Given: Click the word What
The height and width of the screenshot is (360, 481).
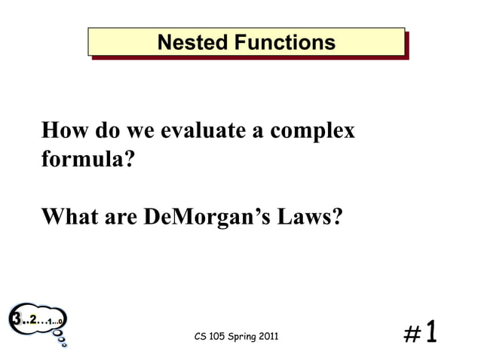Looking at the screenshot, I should click(68, 218).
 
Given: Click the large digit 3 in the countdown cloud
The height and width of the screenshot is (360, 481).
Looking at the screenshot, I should click(15, 319).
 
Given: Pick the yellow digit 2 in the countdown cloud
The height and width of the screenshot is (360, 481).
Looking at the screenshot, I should click(34, 320).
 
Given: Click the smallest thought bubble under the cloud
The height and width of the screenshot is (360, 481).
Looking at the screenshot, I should click(64, 346).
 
